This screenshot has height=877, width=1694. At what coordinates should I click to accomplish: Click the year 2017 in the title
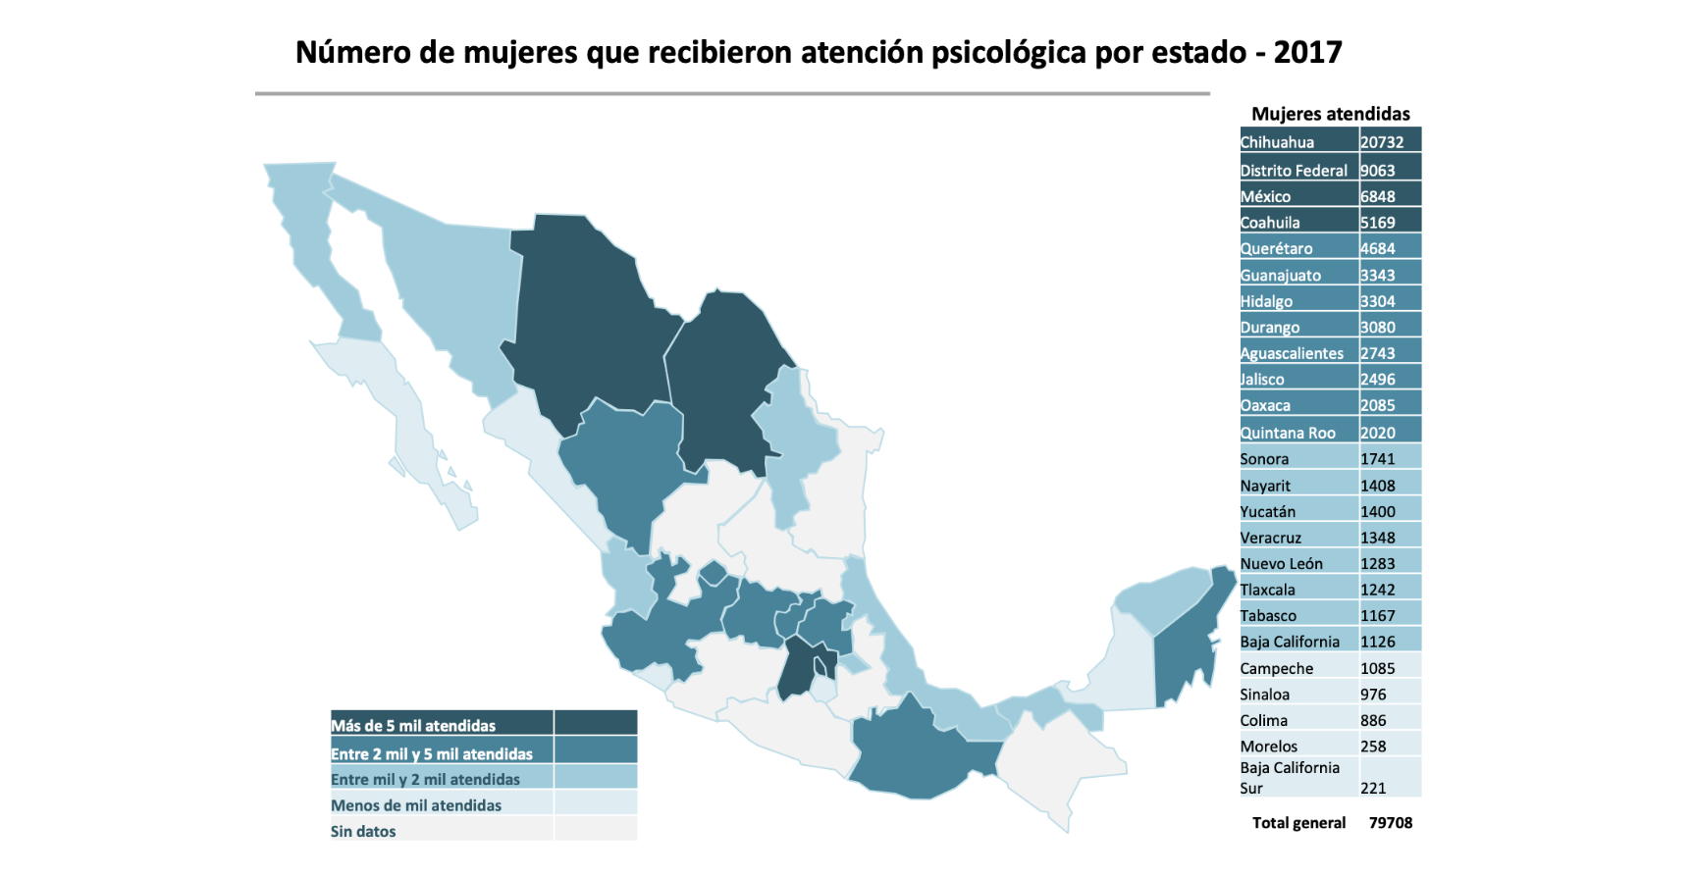[x=1307, y=53]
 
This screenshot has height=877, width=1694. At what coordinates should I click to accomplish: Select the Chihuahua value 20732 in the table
[x=1382, y=142]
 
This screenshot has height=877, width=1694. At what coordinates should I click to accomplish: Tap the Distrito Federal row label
[x=1294, y=171]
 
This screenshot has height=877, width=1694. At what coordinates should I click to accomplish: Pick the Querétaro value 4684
[x=1377, y=249]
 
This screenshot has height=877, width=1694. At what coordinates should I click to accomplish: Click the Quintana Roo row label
[x=1288, y=433]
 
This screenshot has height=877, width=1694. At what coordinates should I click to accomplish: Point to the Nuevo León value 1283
[x=1377, y=564]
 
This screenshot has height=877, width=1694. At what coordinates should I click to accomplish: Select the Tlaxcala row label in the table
[x=1267, y=590]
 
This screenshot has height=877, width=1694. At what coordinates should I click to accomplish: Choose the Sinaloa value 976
[x=1373, y=695]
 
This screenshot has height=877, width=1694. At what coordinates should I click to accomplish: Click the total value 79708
[x=1391, y=823]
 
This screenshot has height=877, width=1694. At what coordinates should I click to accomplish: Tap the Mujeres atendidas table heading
[x=1330, y=114]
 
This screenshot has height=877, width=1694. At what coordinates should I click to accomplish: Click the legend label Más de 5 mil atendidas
[x=413, y=726]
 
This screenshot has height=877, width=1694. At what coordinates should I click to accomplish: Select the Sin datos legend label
[x=363, y=832]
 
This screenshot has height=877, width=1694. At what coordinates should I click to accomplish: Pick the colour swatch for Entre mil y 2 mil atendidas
[x=596, y=779]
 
